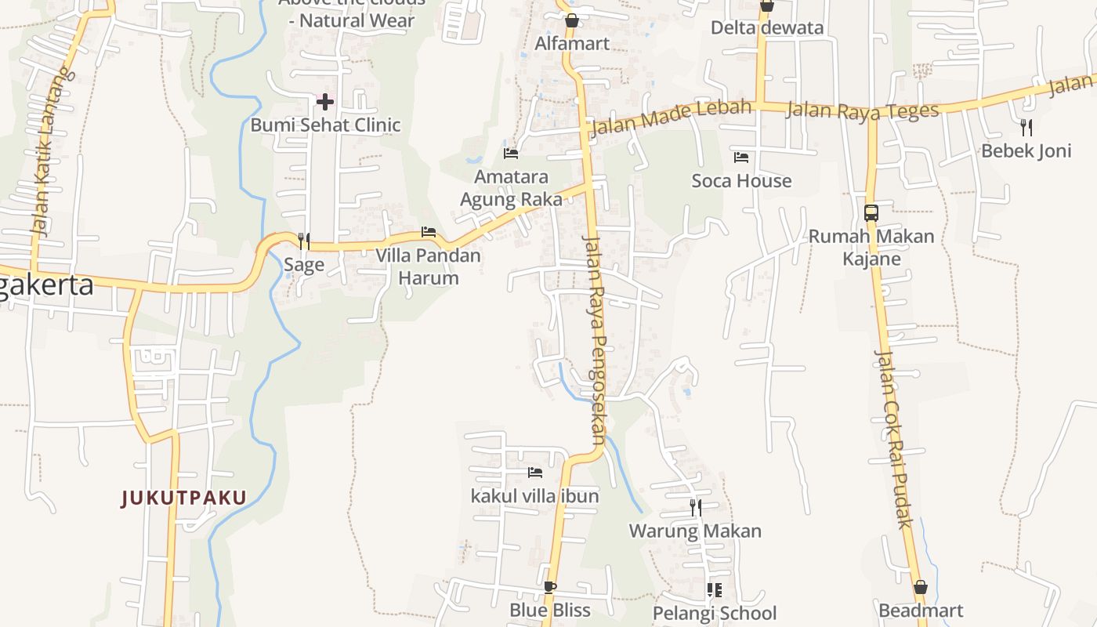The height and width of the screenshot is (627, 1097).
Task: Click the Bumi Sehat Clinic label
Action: pyautogui.click(x=325, y=125)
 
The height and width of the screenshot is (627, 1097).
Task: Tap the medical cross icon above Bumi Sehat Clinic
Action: pyautogui.click(x=325, y=101)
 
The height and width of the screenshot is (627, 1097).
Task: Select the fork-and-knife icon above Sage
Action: pyautogui.click(x=304, y=241)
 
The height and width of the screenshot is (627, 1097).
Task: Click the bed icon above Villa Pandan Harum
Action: pyautogui.click(x=429, y=232)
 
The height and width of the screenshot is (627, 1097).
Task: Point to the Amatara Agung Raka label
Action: pyautogui.click(x=511, y=188)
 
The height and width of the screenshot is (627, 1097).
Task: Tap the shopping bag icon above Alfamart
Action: pyautogui.click(x=572, y=20)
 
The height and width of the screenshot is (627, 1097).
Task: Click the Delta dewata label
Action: pyautogui.click(x=767, y=28)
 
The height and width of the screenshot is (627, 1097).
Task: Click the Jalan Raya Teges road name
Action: pyautogui.click(x=862, y=110)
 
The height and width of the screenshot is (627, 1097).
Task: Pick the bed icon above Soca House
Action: pyautogui.click(x=741, y=158)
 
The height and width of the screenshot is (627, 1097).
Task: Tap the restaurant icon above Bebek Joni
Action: pyautogui.click(x=1026, y=127)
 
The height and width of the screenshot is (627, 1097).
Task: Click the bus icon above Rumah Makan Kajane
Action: pyautogui.click(x=871, y=212)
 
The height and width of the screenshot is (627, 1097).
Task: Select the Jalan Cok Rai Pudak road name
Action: pyautogui.click(x=893, y=439)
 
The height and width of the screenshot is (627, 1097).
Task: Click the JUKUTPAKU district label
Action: pyautogui.click(x=184, y=498)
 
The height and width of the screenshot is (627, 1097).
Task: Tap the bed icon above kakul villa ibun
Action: pyautogui.click(x=535, y=473)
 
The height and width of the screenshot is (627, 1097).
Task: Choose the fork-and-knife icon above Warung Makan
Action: pyautogui.click(x=696, y=508)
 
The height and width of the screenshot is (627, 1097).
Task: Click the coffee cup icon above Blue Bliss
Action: pyautogui.click(x=550, y=587)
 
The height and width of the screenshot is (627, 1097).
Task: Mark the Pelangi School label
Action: pyautogui.click(x=715, y=613)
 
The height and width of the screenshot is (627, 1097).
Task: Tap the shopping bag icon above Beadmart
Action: pyautogui.click(x=921, y=587)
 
